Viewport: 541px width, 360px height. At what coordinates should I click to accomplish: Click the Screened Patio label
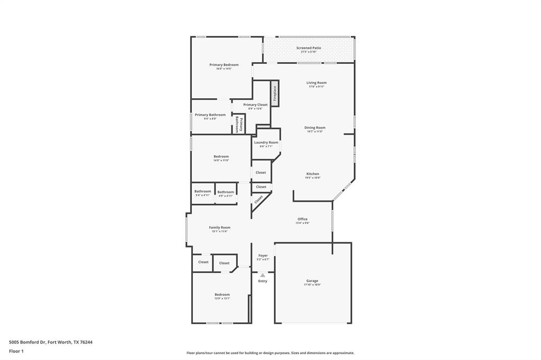coord(309,48)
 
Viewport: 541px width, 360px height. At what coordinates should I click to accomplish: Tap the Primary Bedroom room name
coord(223,65)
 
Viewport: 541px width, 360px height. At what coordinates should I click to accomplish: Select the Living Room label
coord(316,83)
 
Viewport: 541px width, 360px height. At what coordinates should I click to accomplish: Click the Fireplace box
coord(275,93)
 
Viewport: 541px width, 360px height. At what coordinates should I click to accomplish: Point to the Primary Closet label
coord(255,105)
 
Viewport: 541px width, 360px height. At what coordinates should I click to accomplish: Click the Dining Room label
coord(314,128)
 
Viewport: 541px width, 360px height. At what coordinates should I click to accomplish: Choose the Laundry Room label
coord(266,143)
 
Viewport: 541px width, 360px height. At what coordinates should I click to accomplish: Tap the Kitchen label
coord(312,174)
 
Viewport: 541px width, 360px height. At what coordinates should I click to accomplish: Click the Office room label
coord(302,219)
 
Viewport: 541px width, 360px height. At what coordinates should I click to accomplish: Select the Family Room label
coord(219,228)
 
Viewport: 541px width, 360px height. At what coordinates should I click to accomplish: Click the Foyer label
coord(263,255)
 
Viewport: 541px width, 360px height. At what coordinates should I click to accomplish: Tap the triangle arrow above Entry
coord(263,275)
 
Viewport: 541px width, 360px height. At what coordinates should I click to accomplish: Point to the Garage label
coord(312,281)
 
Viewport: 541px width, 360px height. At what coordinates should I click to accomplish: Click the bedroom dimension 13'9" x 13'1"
coord(222,298)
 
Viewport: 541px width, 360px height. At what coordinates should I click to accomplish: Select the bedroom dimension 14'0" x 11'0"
coord(221,160)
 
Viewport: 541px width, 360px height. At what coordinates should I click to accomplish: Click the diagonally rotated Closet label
coord(258,200)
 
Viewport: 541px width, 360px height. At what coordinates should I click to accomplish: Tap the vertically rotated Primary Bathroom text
coord(238,125)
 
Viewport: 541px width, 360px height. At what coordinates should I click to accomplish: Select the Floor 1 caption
coord(16,351)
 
